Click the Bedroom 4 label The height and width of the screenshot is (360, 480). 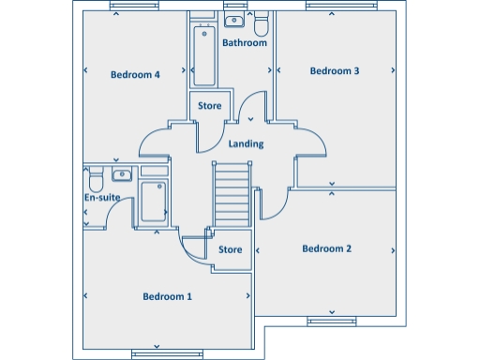[x=135, y=75]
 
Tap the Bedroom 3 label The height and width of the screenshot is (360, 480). [x=335, y=70]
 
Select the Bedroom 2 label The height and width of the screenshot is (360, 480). [x=326, y=248]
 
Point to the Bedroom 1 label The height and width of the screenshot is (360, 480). [x=167, y=296]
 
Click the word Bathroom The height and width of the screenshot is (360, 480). [x=245, y=43]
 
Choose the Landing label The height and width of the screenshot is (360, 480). [x=246, y=144]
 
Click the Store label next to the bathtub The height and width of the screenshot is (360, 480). [x=209, y=106]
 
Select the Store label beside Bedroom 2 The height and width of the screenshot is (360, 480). [x=231, y=250]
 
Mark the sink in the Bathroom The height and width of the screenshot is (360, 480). [x=234, y=20]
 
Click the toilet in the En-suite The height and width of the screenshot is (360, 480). [x=94, y=177]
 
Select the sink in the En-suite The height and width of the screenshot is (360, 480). [x=122, y=174]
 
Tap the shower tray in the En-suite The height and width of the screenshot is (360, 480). [x=154, y=201]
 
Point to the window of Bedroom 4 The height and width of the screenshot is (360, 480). [x=134, y=7]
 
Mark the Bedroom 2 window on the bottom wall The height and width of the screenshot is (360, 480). [x=332, y=322]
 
